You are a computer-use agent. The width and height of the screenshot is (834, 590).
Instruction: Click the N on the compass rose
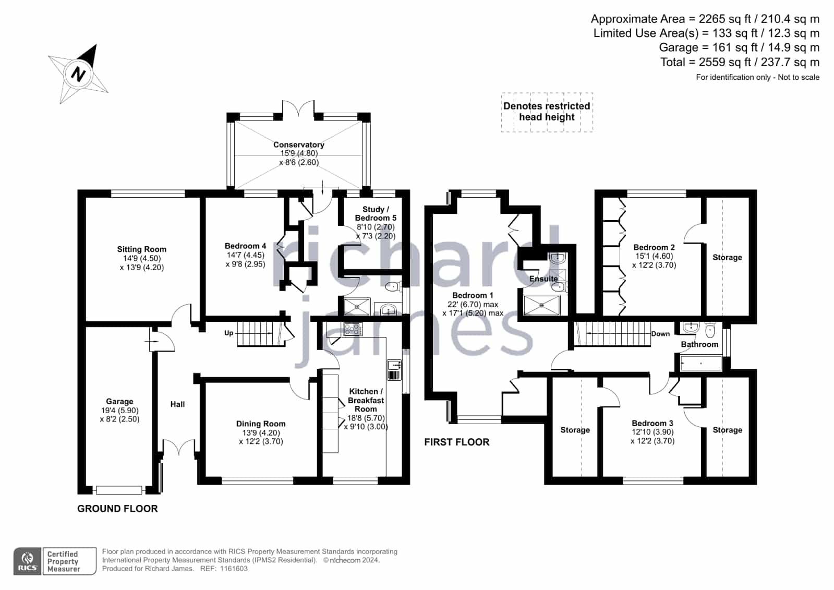coord(78,74)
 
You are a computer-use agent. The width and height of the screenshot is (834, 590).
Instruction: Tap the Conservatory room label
coord(298,145)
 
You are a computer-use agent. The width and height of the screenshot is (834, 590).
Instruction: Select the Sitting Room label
coord(142,249)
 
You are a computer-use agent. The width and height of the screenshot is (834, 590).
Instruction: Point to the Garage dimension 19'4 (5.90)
coord(119,411)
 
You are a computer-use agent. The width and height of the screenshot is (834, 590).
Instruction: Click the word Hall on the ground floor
coord(178,404)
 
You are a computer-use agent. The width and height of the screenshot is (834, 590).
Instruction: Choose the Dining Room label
coord(261,424)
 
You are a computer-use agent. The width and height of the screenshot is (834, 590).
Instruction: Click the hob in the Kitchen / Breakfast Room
coord(353,329)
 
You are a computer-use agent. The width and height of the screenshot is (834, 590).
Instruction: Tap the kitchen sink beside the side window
coord(394,370)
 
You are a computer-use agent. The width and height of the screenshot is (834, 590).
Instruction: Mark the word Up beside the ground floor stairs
coord(228,333)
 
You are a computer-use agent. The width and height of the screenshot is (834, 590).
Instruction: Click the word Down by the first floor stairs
coord(660,334)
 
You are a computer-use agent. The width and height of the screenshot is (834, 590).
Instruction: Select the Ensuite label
coord(543,279)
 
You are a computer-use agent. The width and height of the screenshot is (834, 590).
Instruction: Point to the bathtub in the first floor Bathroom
coord(701,363)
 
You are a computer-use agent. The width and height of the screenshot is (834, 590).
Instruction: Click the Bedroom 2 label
coord(654,247)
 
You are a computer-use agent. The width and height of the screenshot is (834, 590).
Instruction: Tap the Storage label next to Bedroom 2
coord(727,257)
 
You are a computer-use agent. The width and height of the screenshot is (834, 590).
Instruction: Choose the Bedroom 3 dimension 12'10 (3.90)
coord(652,432)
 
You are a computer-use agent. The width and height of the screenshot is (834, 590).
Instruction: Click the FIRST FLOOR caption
coord(457,442)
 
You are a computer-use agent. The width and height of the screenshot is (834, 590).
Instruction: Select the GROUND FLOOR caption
coord(117,509)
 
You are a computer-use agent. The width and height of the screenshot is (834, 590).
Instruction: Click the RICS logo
coord(28,561)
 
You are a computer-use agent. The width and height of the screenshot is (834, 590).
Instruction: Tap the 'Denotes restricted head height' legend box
coord(547,112)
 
